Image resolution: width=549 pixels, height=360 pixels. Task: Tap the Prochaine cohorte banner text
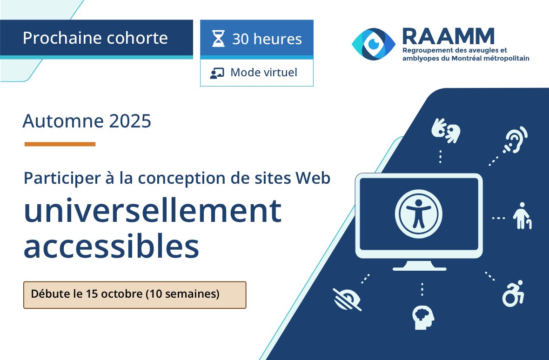(95, 38)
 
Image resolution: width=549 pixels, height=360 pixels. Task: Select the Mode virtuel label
(264, 73)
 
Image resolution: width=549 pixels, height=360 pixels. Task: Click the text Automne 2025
(87, 121)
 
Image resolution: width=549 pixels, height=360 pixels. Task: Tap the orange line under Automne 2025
(60, 144)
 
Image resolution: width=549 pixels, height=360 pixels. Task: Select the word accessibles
(112, 247)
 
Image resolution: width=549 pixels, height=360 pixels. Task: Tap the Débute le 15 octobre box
(134, 295)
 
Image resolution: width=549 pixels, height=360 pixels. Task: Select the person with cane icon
(522, 216)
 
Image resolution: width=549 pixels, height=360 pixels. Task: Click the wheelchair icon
(513, 293)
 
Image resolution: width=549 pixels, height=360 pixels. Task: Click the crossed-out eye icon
(347, 299)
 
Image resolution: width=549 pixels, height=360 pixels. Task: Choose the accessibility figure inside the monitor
(419, 214)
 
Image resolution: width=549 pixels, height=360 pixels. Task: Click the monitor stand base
(419, 267)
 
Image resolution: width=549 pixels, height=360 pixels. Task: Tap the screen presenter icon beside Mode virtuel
(217, 73)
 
